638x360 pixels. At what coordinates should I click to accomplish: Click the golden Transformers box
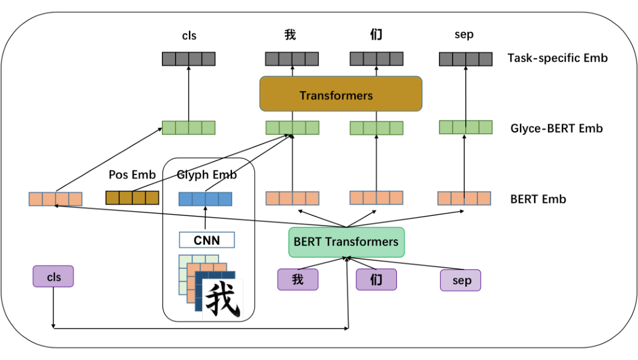click(x=341, y=94)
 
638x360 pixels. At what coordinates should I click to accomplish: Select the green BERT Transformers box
click(x=346, y=242)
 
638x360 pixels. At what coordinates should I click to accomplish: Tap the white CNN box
click(x=206, y=240)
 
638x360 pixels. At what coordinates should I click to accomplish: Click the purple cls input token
click(x=53, y=277)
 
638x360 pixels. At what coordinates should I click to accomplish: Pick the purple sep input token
click(x=461, y=280)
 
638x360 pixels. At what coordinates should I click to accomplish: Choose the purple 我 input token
click(x=297, y=280)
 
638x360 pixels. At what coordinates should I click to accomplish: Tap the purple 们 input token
click(x=376, y=280)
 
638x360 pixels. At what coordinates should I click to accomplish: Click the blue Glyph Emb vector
click(x=205, y=199)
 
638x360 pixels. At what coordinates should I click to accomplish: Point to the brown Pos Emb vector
click(x=132, y=197)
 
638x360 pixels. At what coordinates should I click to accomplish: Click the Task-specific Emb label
click(x=557, y=58)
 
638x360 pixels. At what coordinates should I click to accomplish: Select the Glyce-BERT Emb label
click(x=556, y=128)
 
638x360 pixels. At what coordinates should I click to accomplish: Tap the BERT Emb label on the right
click(x=538, y=199)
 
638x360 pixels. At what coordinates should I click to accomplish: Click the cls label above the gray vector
click(x=189, y=35)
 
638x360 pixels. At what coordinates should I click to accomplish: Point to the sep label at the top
click(x=464, y=34)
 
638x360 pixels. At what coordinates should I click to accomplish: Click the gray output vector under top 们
click(x=377, y=59)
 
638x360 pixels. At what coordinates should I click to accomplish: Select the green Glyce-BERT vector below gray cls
click(x=188, y=127)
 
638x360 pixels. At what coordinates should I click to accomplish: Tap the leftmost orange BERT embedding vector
click(x=55, y=199)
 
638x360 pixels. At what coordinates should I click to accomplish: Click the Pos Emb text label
click(x=132, y=175)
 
